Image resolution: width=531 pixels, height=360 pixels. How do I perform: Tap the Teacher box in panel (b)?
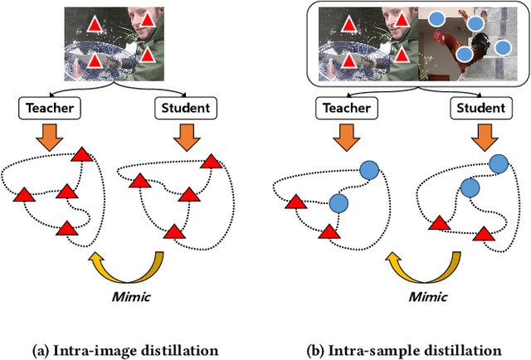pos(343,107)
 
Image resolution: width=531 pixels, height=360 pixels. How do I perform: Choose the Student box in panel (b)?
pos(478,107)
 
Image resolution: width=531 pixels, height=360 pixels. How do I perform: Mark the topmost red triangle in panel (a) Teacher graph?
pos(81,155)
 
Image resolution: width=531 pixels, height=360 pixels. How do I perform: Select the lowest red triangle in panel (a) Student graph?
pos(173,231)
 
